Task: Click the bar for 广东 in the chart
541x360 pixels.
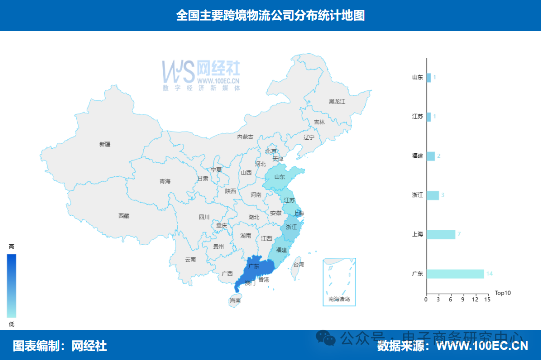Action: coord(455,274)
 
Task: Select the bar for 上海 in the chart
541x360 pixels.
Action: coord(441,235)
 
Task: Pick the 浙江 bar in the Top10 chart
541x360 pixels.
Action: coord(433,195)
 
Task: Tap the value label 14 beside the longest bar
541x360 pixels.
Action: coord(489,274)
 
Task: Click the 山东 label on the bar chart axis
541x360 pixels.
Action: coord(417,78)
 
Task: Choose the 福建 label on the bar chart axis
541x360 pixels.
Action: coord(417,156)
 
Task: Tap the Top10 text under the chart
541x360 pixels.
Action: coord(503,293)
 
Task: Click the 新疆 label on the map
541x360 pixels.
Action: coord(105,144)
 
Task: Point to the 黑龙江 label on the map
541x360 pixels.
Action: coord(337,101)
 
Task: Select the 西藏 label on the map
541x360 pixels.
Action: coord(124,216)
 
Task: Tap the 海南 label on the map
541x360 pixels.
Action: coord(235,301)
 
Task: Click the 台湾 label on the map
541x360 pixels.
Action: coord(298,264)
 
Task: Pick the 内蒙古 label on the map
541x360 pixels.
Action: coord(245,137)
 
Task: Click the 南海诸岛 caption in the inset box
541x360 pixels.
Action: coord(339,299)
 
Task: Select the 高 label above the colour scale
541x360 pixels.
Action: coord(11,246)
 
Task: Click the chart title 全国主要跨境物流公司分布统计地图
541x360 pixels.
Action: coord(270,16)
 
